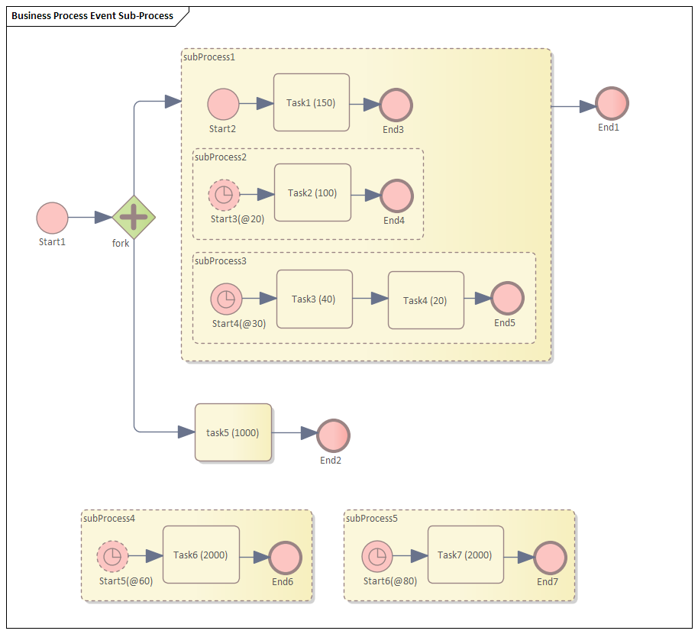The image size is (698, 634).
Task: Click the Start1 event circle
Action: [52, 218]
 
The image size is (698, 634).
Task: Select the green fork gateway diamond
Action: [134, 218]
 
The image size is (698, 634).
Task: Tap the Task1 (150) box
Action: [312, 103]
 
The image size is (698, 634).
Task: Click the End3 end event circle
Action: [396, 105]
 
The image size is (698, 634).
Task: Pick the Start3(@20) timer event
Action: [224, 196]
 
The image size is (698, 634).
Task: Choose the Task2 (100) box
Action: [312, 193]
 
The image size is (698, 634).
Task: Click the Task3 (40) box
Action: [314, 299]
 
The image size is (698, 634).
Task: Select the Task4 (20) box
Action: [425, 300]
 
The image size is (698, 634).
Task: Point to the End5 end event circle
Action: [507, 299]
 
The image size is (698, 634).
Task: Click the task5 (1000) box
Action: [233, 432]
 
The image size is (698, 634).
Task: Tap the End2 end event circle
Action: [333, 435]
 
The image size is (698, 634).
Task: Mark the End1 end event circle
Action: [612, 103]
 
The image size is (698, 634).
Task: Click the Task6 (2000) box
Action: [201, 555]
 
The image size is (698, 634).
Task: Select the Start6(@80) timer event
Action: [376, 557]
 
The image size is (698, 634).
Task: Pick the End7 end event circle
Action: [550, 558]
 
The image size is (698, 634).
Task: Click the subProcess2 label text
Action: [221, 157]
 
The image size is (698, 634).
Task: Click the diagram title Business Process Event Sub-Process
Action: [92, 15]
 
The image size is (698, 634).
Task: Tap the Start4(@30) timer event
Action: [226, 299]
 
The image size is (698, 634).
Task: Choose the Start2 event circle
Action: [223, 104]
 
